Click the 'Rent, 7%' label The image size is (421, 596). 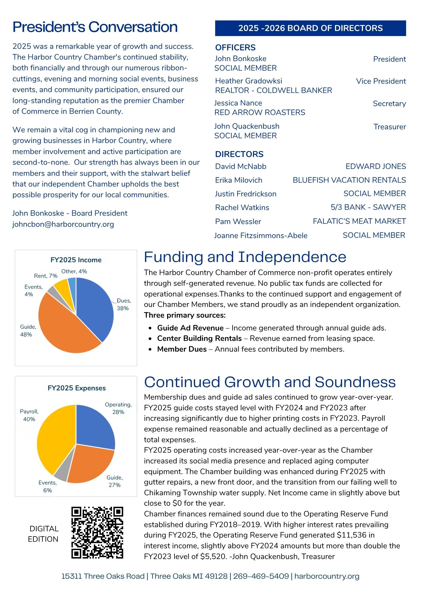tap(46, 276)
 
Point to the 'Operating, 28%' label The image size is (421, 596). tap(118, 408)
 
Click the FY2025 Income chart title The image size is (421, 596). tap(76, 260)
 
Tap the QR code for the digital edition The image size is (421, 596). tap(97, 533)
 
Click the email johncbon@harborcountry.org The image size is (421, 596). tap(63, 224)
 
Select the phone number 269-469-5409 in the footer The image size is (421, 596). tap(261, 576)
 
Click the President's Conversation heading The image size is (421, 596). tap(95, 27)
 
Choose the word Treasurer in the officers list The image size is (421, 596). tap(389, 127)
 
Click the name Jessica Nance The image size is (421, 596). tap(238, 103)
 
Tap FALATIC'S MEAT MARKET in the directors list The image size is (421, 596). tap(359, 221)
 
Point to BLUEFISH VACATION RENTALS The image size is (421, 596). tap(349, 180)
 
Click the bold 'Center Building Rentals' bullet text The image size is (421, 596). tap(199, 338)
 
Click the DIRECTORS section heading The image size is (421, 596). tap(239, 154)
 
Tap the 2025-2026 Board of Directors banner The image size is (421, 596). tap(310, 28)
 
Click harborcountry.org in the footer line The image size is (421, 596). tap(327, 576)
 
